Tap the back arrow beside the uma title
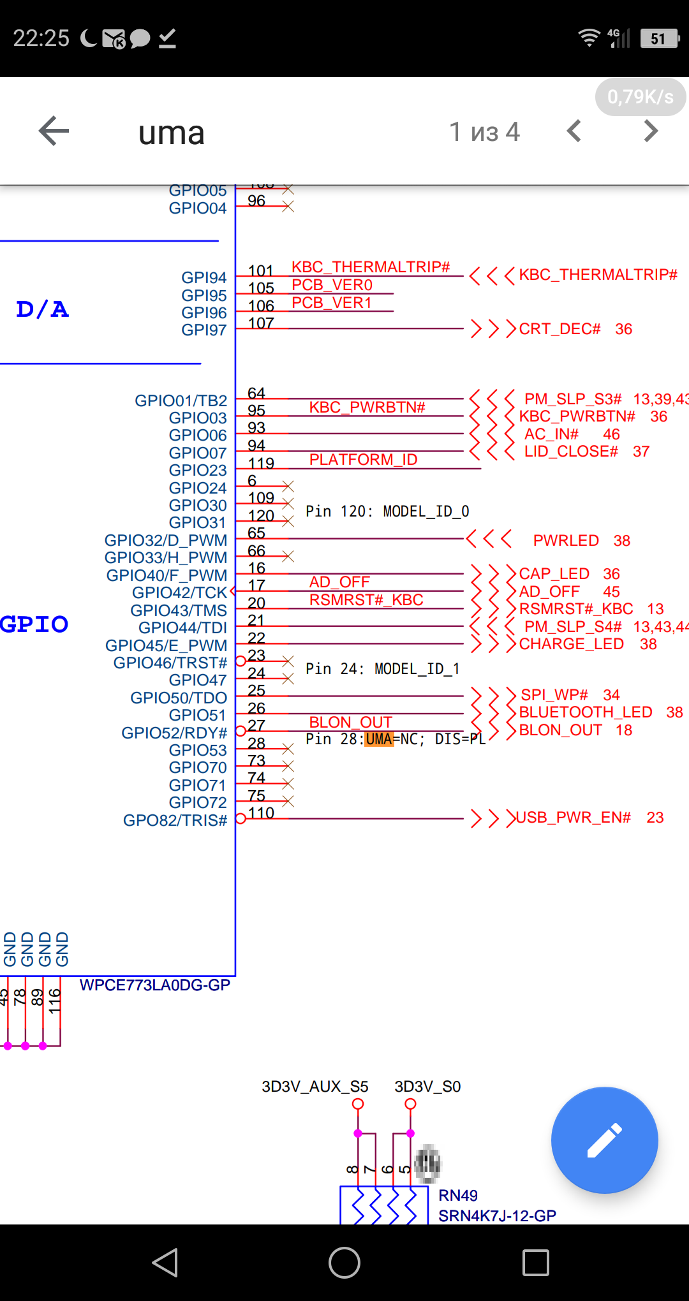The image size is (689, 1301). (x=54, y=131)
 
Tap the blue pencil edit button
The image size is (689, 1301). (x=604, y=1140)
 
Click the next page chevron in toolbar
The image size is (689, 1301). (x=650, y=131)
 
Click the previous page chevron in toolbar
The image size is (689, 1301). (x=574, y=131)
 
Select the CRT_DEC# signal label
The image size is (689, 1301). (x=559, y=329)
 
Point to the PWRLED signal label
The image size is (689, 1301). (x=566, y=541)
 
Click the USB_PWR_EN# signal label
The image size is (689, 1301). (x=574, y=818)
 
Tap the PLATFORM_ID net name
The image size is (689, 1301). (x=363, y=460)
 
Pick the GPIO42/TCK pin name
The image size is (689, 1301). (x=179, y=593)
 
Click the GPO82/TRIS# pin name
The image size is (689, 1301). (x=175, y=820)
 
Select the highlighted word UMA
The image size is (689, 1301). (x=379, y=739)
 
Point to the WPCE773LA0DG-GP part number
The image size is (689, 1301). (x=154, y=985)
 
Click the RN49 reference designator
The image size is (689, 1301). (x=458, y=1195)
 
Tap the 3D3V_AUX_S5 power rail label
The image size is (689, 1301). (x=315, y=1087)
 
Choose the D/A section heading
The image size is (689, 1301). (x=42, y=309)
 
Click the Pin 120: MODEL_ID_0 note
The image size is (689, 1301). (x=387, y=511)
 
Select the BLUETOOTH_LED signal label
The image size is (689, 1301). (x=585, y=712)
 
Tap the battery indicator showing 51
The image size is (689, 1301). (x=659, y=39)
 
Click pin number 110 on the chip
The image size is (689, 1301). (x=261, y=813)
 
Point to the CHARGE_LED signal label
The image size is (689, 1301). (x=571, y=644)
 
